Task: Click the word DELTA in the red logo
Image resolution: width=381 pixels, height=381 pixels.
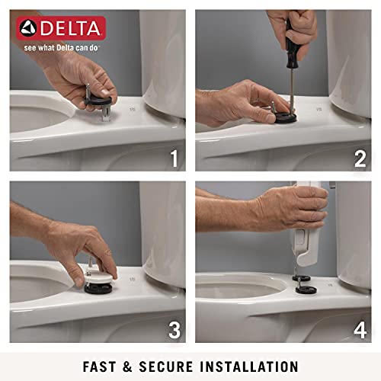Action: pyautogui.click(x=70, y=28)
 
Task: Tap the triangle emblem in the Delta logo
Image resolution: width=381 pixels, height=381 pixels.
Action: pyautogui.click(x=28, y=28)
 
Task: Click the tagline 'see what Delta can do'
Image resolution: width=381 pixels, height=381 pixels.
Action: pyautogui.click(x=61, y=48)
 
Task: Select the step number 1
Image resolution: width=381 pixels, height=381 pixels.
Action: pyautogui.click(x=174, y=158)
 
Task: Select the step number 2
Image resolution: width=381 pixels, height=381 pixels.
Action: pyautogui.click(x=360, y=158)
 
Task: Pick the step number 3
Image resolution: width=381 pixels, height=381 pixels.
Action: pyautogui.click(x=174, y=330)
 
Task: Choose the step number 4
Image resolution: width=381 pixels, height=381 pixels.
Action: pyautogui.click(x=360, y=330)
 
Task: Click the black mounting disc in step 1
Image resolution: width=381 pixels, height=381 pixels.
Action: pyautogui.click(x=98, y=101)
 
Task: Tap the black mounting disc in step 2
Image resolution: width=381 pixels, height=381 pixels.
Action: pyautogui.click(x=286, y=117)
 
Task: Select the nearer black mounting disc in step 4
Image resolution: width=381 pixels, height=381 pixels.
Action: pyautogui.click(x=306, y=290)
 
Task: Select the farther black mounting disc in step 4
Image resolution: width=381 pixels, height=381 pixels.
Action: pyautogui.click(x=301, y=278)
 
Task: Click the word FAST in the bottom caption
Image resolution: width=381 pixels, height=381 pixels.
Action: pyautogui.click(x=99, y=367)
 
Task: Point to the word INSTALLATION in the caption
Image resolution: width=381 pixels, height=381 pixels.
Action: pyautogui.click(x=249, y=367)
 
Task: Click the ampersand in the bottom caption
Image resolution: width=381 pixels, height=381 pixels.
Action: pyautogui.click(x=127, y=367)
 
